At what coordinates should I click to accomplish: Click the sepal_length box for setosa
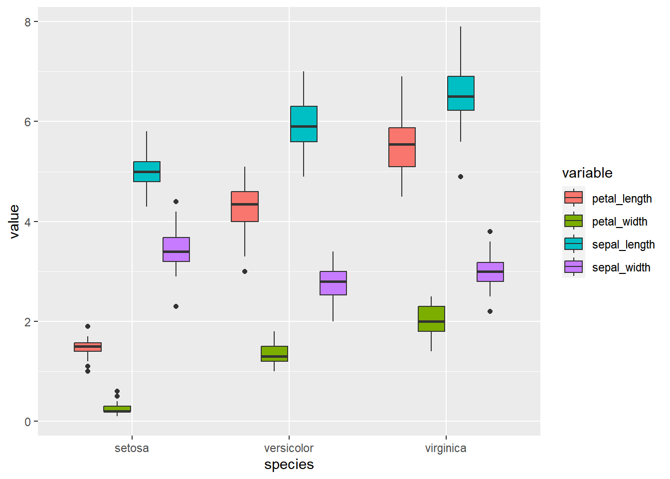[147, 172]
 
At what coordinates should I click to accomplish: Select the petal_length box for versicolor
[245, 207]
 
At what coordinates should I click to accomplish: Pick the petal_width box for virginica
[431, 319]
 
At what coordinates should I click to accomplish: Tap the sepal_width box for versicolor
[333, 283]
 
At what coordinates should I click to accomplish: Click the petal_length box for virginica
[402, 147]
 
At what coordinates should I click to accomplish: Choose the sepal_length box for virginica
[461, 93]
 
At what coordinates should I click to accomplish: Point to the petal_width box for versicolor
[274, 354]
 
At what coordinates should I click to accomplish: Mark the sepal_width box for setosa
[176, 249]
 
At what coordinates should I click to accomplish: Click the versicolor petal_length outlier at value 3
[245, 271]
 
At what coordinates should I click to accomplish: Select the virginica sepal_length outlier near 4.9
[461, 177]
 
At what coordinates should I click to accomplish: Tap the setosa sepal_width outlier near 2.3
[176, 306]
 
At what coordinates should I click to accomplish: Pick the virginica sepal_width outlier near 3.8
[490, 232]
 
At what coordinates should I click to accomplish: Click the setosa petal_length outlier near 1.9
[88, 326]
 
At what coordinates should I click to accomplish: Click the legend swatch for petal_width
[573, 221]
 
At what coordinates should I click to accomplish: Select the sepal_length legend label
[623, 244]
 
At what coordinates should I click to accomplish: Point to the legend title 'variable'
[587, 173]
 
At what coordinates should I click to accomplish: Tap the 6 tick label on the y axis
[27, 122]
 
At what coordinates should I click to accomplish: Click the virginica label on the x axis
[446, 448]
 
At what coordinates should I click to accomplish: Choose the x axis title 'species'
[289, 465]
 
